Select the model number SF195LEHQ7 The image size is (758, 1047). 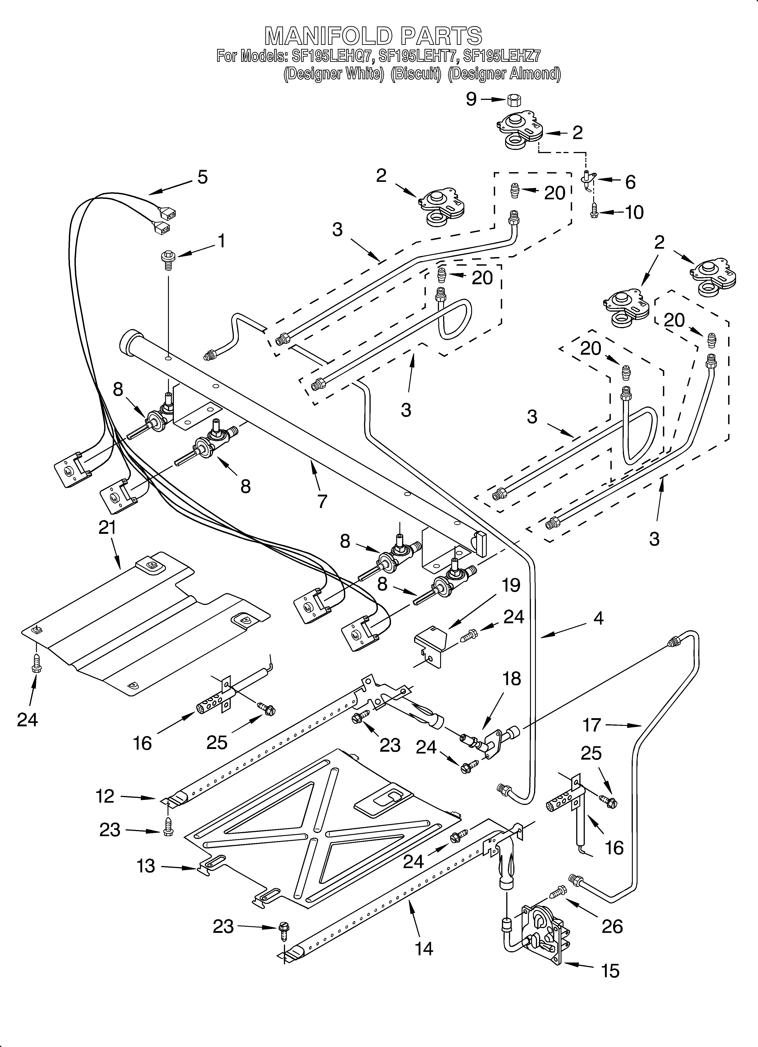(331, 56)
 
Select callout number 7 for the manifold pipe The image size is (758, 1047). (322, 501)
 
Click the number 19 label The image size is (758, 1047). (511, 585)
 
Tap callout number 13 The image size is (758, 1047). (146, 866)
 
